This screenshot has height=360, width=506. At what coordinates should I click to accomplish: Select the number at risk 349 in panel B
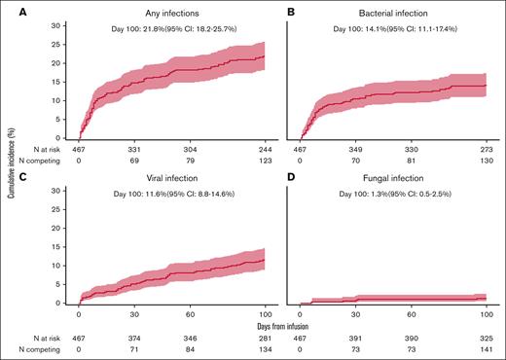356,151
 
